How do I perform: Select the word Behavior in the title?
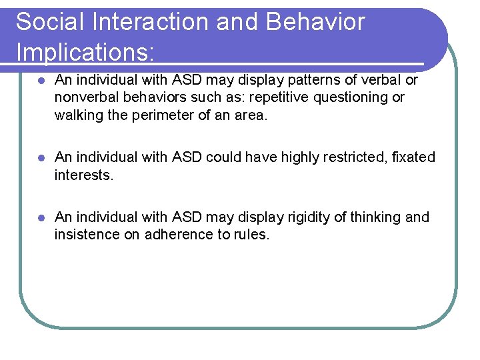point(315,22)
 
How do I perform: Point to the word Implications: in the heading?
point(86,52)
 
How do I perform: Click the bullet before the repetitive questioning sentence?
point(41,81)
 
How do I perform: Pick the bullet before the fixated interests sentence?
point(41,158)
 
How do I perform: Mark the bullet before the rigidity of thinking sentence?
point(41,218)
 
